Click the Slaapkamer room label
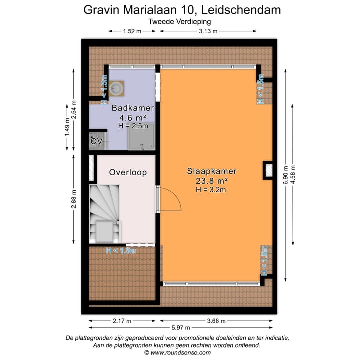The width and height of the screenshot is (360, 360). click(211, 171)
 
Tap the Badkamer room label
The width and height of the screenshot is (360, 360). click(132, 108)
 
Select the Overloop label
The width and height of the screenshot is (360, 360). click(128, 172)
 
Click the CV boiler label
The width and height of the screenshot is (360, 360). click(96, 141)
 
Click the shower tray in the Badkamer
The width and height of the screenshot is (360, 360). click(141, 136)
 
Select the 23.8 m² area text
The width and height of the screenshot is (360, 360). click(211, 180)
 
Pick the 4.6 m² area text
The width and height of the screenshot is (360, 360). click(132, 118)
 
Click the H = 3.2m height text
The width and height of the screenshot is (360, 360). click(211, 189)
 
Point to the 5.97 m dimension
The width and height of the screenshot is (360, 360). click(180, 328)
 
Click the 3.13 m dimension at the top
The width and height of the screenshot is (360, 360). click(208, 31)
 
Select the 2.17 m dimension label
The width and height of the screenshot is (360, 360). click(122, 321)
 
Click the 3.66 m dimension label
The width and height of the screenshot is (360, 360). click(216, 321)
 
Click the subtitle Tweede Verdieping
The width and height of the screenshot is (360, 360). click(180, 21)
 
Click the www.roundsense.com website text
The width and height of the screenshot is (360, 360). click(180, 352)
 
